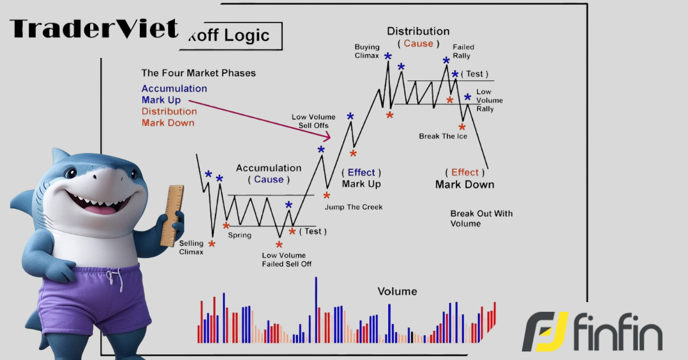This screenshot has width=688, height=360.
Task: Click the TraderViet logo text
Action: point(94,29)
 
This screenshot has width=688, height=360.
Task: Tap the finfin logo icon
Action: point(545,331)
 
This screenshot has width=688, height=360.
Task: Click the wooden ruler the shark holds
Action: point(173,216)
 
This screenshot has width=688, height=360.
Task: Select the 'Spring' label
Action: point(240,235)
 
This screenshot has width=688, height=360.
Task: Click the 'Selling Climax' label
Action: point(191,248)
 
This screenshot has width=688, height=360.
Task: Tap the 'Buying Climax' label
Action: point(367,51)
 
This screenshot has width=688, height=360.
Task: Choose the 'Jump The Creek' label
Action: point(354,207)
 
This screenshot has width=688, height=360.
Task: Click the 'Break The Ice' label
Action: point(443,136)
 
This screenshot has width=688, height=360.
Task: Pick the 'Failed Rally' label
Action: point(463,51)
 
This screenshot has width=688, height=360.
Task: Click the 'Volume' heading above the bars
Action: point(397,291)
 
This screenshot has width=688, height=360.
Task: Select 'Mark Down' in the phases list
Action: point(168,123)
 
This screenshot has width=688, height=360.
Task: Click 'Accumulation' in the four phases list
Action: point(174,88)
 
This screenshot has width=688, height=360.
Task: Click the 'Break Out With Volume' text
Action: point(481,218)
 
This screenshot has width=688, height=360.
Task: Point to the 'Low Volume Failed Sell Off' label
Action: point(287,260)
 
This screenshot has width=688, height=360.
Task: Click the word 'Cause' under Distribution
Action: point(419,44)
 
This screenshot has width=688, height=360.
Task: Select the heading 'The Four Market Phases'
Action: point(198,73)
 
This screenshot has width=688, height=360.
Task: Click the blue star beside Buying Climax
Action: point(388,56)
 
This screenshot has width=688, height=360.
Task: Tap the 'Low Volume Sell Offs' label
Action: point(314,122)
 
